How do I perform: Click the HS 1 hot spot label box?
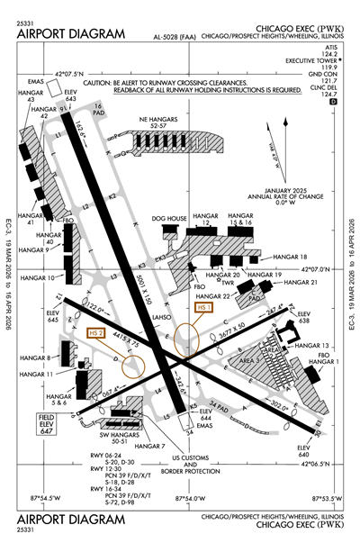(203, 308)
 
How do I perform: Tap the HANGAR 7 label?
(150, 447)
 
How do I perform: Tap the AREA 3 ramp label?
(255, 359)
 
